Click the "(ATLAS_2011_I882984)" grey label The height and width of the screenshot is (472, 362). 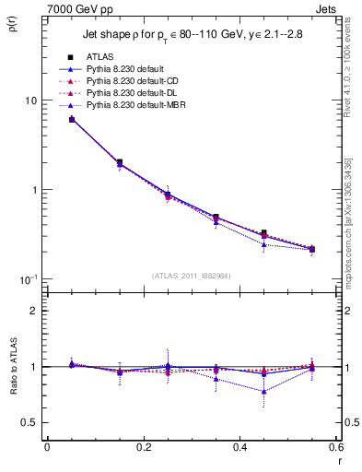191,276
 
